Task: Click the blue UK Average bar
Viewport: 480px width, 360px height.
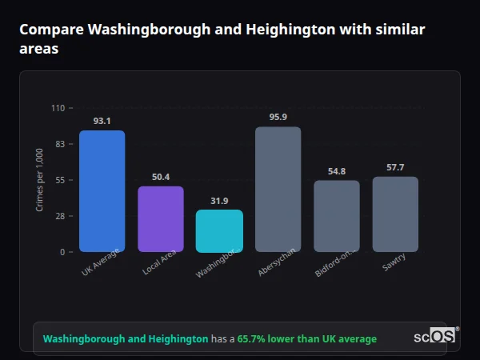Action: pos(102,191)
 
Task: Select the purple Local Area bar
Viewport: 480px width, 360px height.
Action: pos(161,219)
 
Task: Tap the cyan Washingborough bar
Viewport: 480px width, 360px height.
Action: pos(219,231)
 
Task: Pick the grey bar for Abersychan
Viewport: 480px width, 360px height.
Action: pos(278,190)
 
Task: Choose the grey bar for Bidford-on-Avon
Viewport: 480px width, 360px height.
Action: pos(337,216)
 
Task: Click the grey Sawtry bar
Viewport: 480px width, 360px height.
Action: pos(395,214)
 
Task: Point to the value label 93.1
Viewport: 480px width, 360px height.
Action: pos(102,121)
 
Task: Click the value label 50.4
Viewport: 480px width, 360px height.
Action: pos(161,177)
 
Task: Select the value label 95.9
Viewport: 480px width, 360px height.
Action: pos(278,117)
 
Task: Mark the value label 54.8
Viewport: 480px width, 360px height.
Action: pos(337,171)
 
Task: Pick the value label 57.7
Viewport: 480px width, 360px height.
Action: pos(395,167)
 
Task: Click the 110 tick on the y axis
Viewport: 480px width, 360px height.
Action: pos(58,108)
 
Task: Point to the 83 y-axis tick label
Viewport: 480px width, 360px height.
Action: pos(60,144)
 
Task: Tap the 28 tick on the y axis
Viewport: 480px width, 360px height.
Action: pos(60,216)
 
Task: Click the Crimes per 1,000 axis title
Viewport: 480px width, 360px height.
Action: pos(40,180)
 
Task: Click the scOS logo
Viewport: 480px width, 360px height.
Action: pos(435,337)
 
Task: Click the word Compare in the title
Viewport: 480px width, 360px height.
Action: pos(50,30)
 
